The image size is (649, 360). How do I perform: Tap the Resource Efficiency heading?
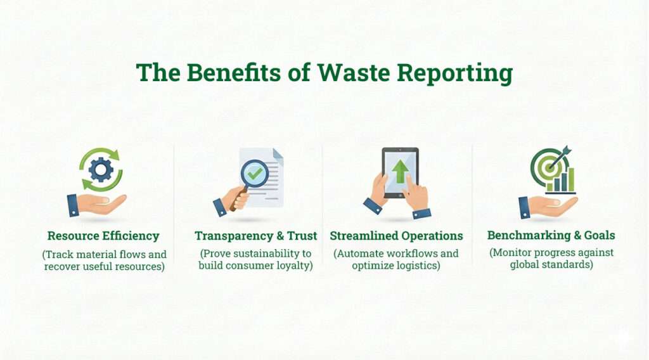(x=103, y=236)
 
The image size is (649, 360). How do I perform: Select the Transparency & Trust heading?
(x=255, y=236)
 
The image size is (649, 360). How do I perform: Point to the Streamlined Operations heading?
(x=396, y=236)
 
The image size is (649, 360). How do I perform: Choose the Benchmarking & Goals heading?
(x=551, y=236)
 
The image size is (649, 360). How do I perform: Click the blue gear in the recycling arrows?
(x=101, y=169)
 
